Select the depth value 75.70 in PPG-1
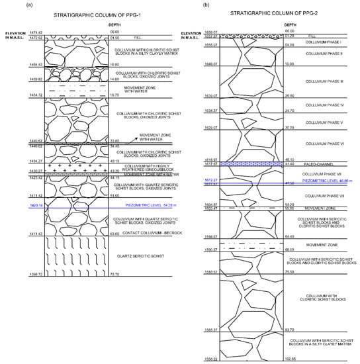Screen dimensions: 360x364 click(114, 274)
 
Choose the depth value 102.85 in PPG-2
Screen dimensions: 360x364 click(290, 359)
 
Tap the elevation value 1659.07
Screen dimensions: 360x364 click(212, 31)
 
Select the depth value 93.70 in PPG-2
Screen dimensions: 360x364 click(290, 330)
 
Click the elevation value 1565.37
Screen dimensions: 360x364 click(212, 330)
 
